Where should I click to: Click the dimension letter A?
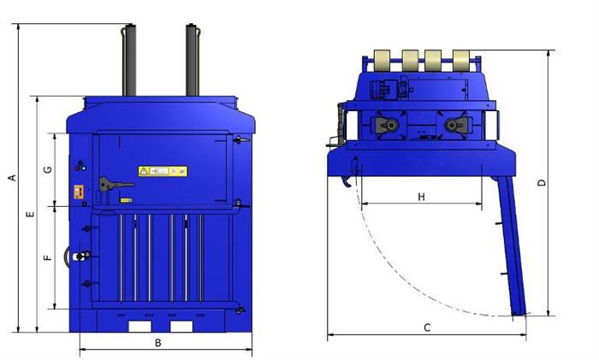point(13,178)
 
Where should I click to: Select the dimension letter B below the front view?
point(157,343)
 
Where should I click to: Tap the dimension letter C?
point(427,328)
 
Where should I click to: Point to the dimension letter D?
point(542,183)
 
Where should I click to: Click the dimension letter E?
point(30,214)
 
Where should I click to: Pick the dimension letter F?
point(48,257)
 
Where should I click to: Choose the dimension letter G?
point(48,169)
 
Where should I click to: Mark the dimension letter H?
point(421,197)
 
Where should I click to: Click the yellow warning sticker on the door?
point(163,171)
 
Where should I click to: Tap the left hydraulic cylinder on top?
point(128,60)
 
